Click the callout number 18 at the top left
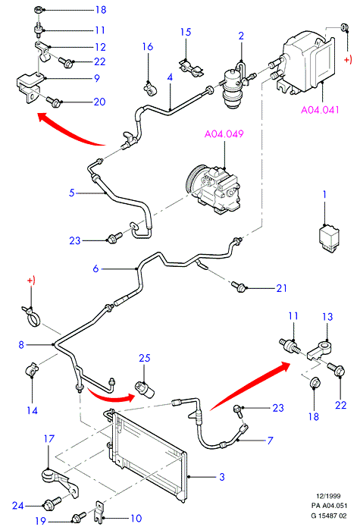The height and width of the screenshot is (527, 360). click(101, 10)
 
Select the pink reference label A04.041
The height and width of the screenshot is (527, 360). click(320, 110)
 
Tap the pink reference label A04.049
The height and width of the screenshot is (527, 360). click(224, 133)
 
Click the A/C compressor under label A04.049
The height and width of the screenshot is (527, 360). click(213, 189)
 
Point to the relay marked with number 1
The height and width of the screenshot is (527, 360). click(328, 238)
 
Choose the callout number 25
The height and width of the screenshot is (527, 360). click(145, 358)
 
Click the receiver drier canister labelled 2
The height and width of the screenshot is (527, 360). click(231, 89)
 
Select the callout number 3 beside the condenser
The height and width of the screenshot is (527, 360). click(221, 477)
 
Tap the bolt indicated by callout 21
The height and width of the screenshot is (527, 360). click(239, 287)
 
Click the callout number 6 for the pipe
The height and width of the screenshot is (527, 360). click(95, 268)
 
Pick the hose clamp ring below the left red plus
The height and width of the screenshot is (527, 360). click(31, 316)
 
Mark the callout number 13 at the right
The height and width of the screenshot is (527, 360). click(327, 317)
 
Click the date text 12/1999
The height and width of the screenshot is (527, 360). click(328, 496)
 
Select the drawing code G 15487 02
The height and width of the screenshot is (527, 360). click(328, 516)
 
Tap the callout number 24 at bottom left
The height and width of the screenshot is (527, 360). click(17, 506)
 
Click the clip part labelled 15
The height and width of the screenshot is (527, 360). click(191, 67)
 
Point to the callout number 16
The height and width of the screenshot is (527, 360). click(148, 46)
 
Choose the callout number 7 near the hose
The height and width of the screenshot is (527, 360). click(270, 441)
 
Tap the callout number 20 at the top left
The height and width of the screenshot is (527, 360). click(99, 102)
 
